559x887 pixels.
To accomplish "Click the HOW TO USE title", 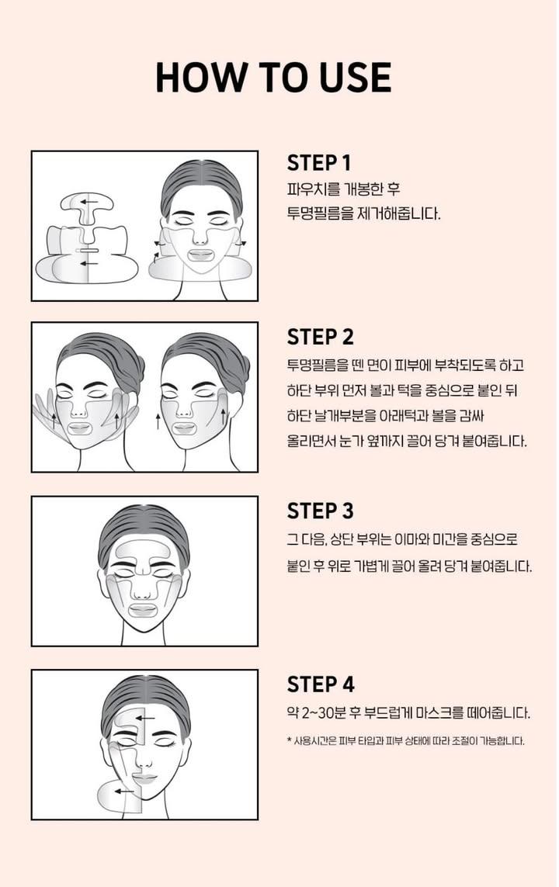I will [x=273, y=77].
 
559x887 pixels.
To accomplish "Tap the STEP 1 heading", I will [x=319, y=163].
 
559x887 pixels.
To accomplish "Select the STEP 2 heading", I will [x=320, y=337].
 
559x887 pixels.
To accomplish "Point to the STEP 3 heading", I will [x=320, y=511].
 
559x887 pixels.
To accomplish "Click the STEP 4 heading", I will [x=320, y=684].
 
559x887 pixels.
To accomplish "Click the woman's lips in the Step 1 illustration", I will [x=197, y=255].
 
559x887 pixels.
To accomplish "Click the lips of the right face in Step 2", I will [x=185, y=428].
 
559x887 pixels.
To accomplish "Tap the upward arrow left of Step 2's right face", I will [x=158, y=421].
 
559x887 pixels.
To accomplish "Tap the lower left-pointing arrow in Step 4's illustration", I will [x=122, y=792].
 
